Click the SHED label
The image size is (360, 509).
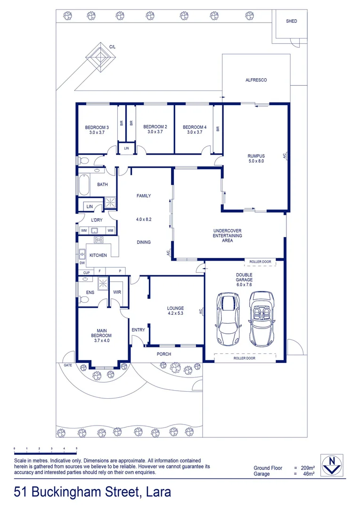(291, 21)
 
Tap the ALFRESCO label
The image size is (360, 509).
(256, 80)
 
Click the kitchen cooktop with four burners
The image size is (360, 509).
(99, 240)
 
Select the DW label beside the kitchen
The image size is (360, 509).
(82, 263)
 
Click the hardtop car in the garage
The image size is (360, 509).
(228, 319)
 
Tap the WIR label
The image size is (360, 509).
(117, 292)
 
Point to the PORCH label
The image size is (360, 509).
(164, 354)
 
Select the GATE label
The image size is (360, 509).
(67, 365)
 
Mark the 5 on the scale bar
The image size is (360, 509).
(76, 448)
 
